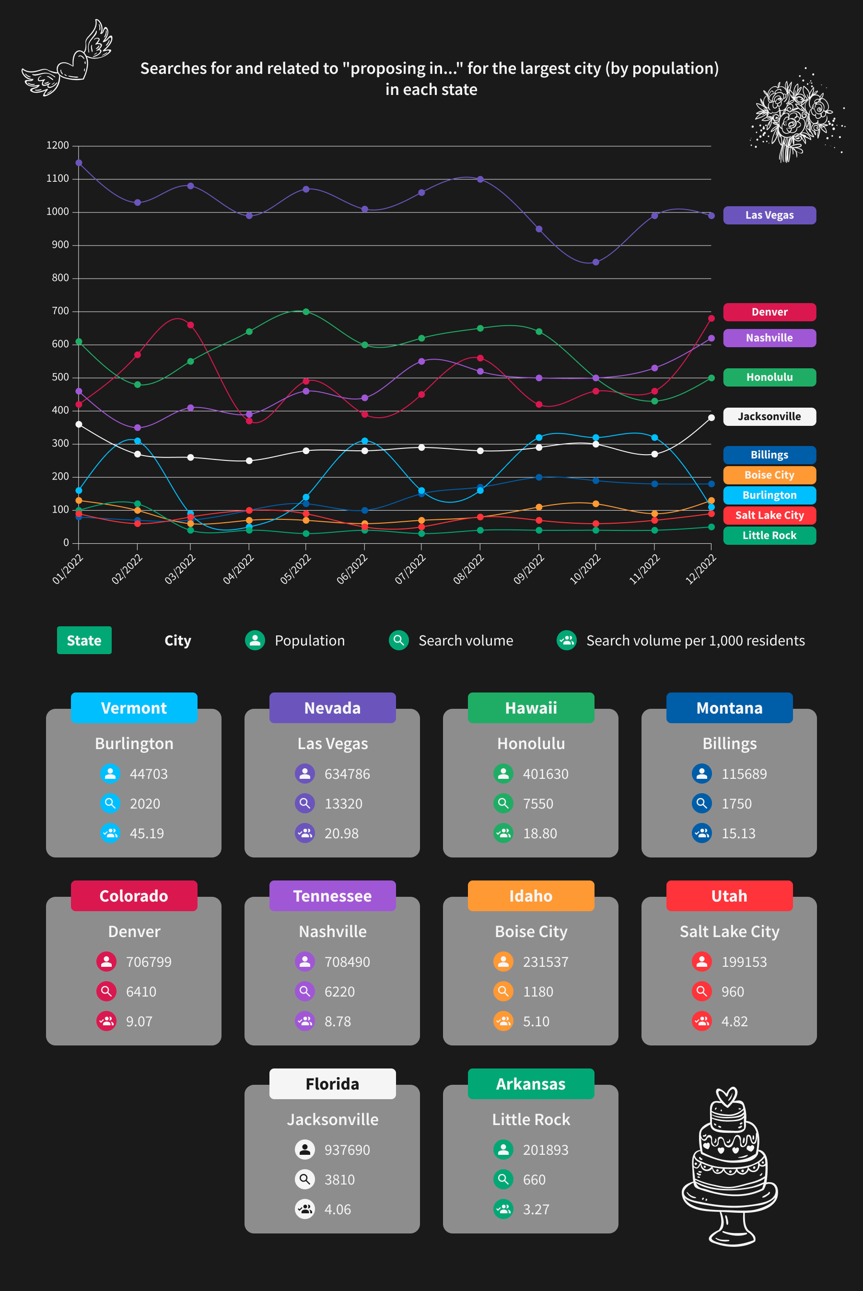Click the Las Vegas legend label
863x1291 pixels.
[x=769, y=215]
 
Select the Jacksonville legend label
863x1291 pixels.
[x=769, y=417]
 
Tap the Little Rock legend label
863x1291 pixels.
[x=769, y=536]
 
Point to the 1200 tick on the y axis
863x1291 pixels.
[x=58, y=145]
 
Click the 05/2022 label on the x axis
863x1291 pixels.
[x=295, y=569]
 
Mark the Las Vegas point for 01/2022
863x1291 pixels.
[x=79, y=163]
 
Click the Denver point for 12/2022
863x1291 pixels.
[x=711, y=319]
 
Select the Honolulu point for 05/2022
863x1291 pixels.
[x=306, y=312]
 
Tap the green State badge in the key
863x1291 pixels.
[x=84, y=640]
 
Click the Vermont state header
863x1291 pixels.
[x=134, y=708]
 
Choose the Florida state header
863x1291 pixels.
[x=332, y=1084]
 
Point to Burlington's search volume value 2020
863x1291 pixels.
[x=145, y=804]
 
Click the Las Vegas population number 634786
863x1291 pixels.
[x=347, y=774]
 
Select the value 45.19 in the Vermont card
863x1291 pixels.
[x=146, y=833]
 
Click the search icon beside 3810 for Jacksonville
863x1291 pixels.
[x=304, y=1179]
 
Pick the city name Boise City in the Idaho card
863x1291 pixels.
[x=531, y=931]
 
